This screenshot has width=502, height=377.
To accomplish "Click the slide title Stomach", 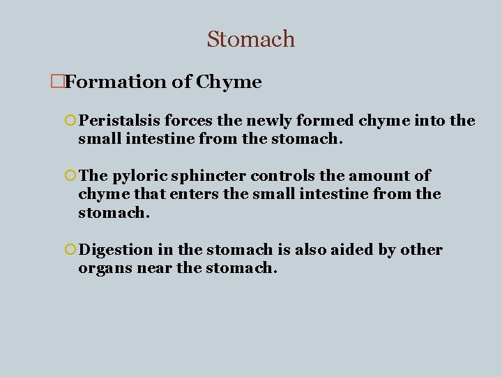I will (x=251, y=39).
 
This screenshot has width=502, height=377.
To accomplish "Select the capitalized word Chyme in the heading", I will (x=229, y=82).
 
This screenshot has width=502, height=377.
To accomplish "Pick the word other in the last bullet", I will (x=420, y=250).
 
